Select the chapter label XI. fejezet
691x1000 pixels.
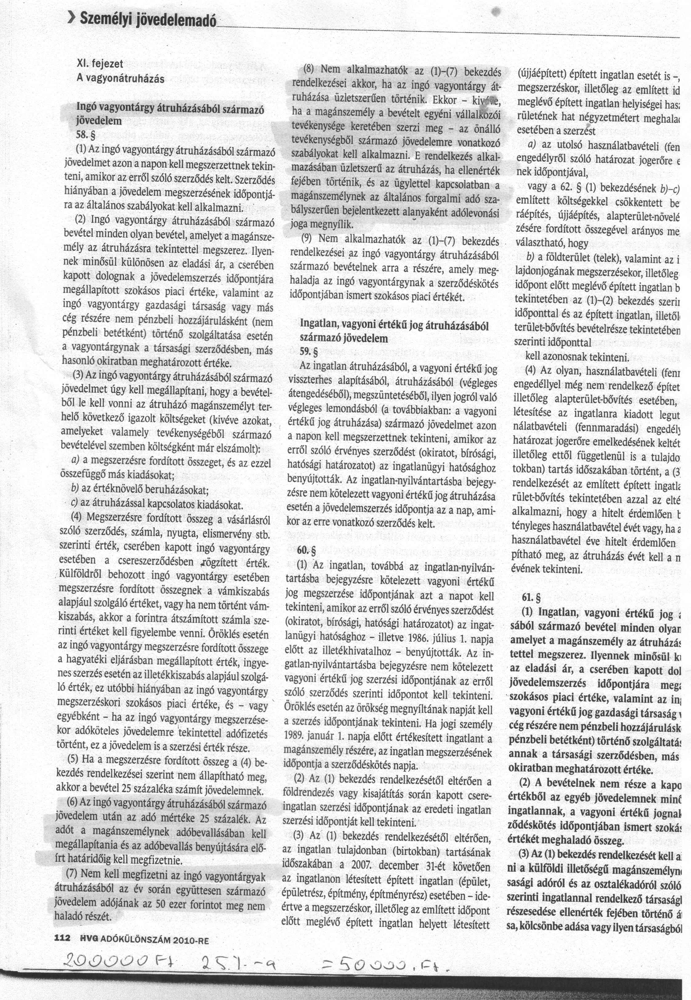pyautogui.click(x=100, y=64)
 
